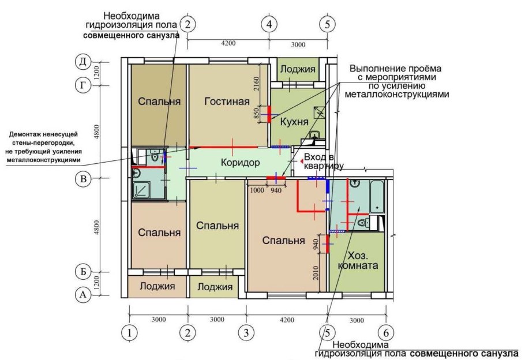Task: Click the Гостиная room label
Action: click(227, 102)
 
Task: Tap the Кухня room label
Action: click(294, 122)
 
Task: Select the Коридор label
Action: click(240, 163)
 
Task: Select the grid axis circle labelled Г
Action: click(84, 85)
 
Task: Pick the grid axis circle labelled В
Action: click(84, 179)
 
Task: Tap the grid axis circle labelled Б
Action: click(84, 271)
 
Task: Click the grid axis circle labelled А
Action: click(84, 295)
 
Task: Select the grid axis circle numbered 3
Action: click(246, 333)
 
